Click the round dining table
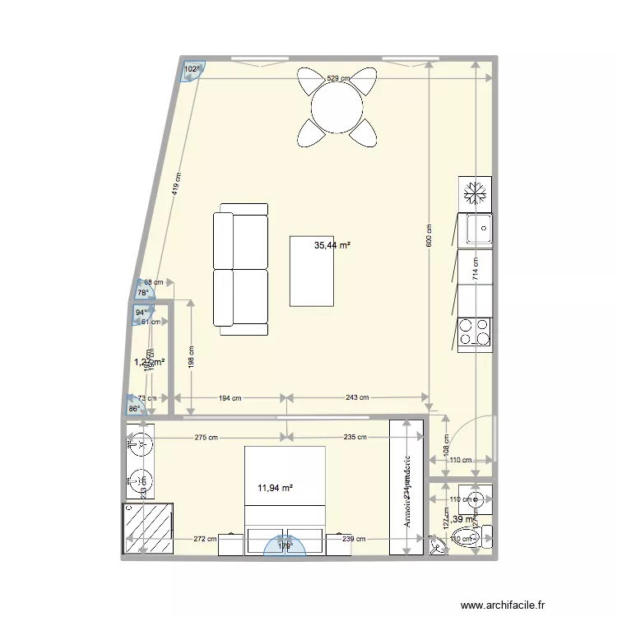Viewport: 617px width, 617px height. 337,107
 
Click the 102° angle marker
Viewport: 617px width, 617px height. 192,70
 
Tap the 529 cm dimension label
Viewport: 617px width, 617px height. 338,78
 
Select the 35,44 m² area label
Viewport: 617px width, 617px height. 333,245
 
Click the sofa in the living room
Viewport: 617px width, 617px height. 240,270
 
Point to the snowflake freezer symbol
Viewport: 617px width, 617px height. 476,193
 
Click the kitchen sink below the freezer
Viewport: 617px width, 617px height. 476,229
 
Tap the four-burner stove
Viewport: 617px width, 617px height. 476,332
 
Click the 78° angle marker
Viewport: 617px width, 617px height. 143,292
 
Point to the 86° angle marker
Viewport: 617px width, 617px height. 133,408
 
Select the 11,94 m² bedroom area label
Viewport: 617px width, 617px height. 276,488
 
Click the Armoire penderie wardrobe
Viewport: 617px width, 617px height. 406,487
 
